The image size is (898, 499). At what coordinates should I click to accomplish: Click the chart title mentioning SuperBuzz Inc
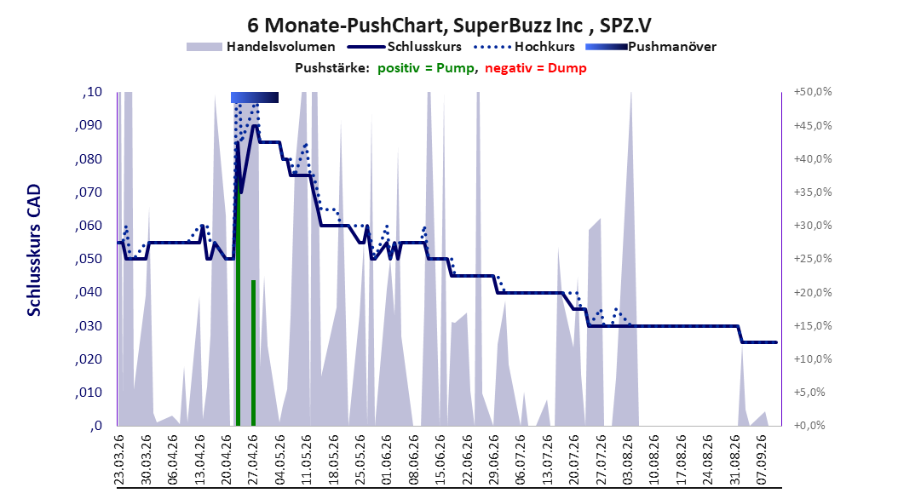tap(449, 26)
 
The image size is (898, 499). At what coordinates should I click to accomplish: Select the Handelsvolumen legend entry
tap(262, 47)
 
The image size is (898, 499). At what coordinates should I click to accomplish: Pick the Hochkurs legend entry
tap(524, 47)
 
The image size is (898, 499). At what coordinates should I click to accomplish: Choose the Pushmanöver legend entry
tap(651, 47)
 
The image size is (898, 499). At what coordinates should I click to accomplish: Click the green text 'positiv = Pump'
tap(426, 68)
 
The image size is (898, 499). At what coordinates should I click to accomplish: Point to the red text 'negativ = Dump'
tap(536, 68)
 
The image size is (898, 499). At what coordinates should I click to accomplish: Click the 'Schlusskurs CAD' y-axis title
tap(34, 250)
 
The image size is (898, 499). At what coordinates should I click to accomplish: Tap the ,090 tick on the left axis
tap(89, 125)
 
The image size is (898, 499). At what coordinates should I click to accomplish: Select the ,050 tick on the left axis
tap(89, 259)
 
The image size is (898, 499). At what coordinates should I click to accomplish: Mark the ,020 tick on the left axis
tap(89, 358)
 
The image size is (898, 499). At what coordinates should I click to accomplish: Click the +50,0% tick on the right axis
tap(813, 92)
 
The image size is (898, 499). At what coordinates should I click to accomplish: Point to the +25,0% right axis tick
tap(813, 259)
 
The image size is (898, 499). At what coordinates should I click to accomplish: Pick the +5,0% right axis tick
tap(809, 392)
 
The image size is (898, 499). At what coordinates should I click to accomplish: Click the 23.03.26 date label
tap(119, 460)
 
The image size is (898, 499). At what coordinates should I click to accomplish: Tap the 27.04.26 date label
tap(253, 460)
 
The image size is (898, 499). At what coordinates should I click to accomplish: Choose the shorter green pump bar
tap(253, 353)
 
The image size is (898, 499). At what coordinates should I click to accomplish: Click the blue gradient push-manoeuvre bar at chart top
tap(255, 97)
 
